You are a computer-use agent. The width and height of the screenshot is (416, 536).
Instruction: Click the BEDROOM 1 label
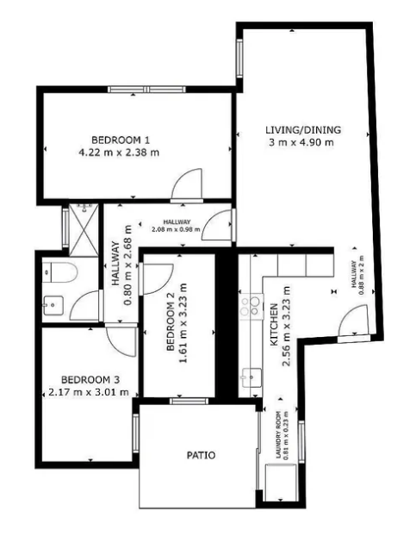(121, 140)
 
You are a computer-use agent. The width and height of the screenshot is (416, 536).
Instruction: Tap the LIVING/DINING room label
(303, 130)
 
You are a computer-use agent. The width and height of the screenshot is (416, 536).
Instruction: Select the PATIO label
(202, 455)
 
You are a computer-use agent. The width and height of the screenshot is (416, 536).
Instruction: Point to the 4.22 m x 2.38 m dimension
(119, 153)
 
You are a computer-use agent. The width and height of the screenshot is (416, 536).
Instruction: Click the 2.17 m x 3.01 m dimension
(89, 392)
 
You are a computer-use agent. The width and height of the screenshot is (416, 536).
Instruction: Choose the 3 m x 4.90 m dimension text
(301, 142)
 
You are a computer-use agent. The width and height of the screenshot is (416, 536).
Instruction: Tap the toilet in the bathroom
(59, 272)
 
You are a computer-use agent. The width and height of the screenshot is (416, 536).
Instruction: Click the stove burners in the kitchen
(251, 306)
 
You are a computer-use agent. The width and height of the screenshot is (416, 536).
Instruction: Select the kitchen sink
(251, 377)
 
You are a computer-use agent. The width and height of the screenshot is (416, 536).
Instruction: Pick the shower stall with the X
(84, 230)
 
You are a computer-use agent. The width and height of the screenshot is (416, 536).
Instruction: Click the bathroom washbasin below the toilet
(53, 305)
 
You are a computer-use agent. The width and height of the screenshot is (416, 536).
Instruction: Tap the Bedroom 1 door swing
(187, 184)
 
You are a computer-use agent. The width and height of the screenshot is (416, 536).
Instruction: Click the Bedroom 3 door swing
(121, 341)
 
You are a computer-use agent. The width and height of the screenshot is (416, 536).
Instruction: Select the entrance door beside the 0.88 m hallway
(354, 321)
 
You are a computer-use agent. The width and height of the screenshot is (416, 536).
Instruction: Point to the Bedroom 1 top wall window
(147, 90)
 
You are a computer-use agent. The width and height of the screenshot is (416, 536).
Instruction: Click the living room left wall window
(239, 58)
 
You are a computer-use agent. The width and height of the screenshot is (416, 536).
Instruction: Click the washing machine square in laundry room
(280, 483)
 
